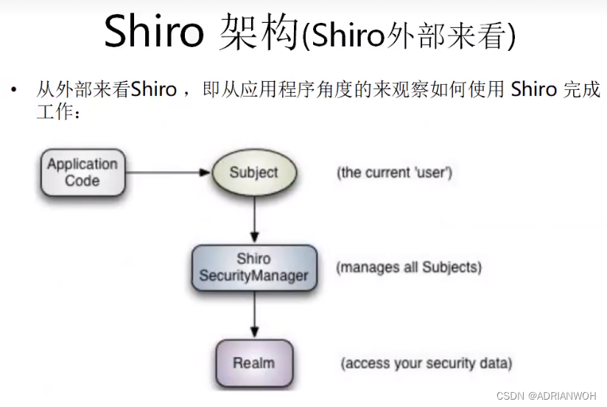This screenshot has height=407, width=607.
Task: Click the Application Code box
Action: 82,173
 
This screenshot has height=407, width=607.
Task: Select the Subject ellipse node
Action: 253,173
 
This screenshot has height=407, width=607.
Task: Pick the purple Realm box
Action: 254,363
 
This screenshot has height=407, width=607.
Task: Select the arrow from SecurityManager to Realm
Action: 254,315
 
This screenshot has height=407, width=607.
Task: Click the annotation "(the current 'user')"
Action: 394,173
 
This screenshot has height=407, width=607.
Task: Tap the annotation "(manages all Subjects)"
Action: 409,267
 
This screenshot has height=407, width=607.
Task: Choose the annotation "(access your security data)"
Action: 426,363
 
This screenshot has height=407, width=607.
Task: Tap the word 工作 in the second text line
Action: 52,112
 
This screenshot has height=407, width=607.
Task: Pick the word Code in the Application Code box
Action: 82,181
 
